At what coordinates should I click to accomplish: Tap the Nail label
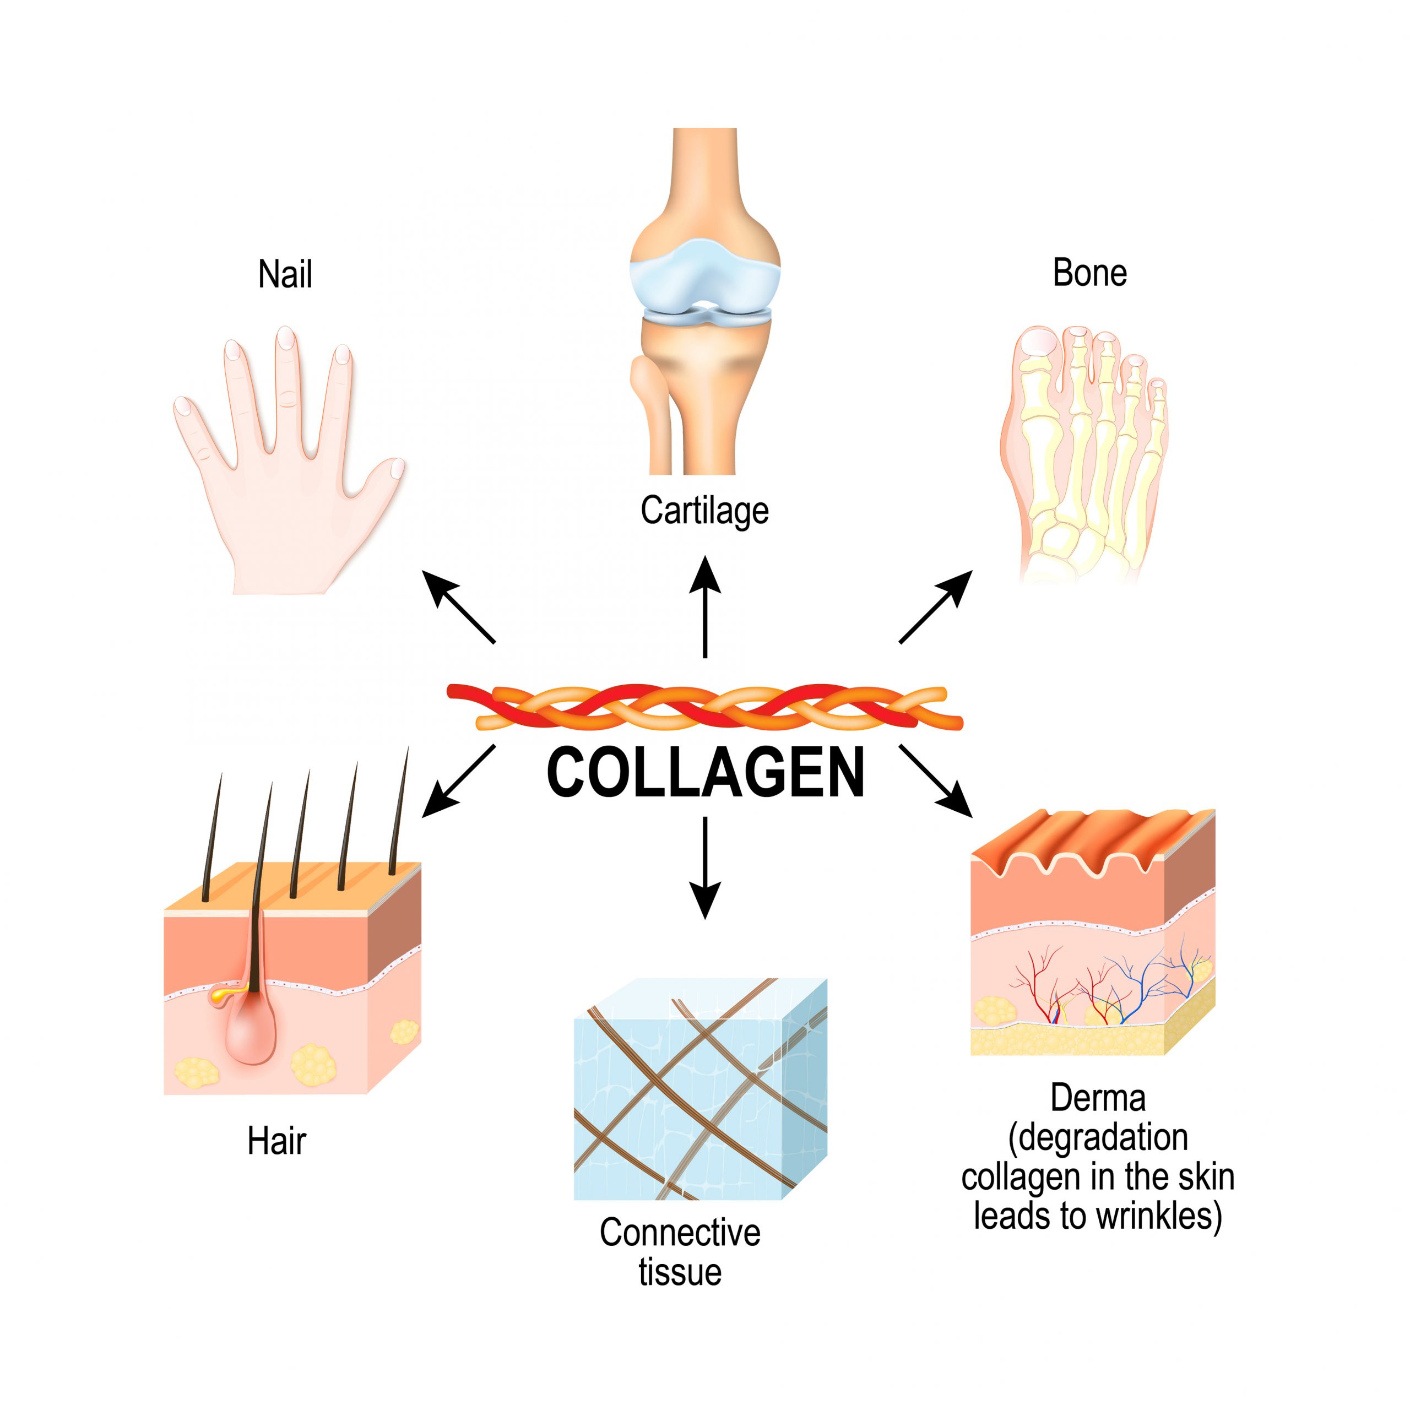285,275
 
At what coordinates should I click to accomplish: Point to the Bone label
1089,273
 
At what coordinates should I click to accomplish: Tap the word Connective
680,1233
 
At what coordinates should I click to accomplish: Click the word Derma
1098,1098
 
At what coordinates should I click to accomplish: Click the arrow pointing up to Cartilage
705,606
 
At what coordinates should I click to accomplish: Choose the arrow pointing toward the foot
936,606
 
